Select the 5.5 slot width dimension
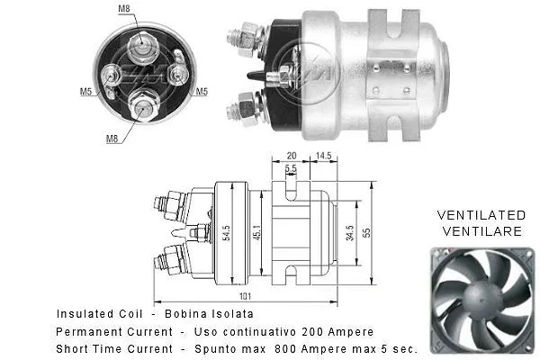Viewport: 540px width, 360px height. point(291,168)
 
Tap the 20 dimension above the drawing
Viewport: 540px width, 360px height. point(291,155)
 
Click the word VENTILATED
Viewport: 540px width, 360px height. point(481,215)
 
